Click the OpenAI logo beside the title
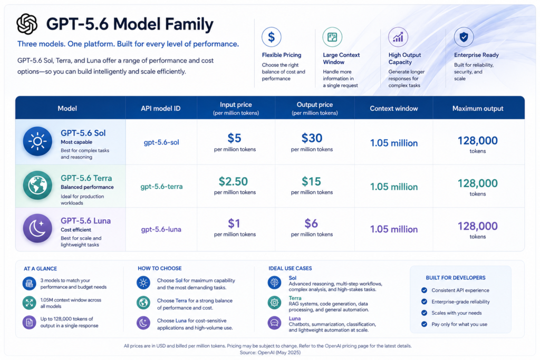pyautogui.click(x=27, y=24)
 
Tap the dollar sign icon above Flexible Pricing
pyautogui.click(x=272, y=37)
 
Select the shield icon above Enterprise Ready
pyautogui.click(x=464, y=37)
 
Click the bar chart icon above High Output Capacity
pyautogui.click(x=398, y=37)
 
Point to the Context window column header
pyautogui.click(x=393, y=109)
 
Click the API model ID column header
pyautogui.click(x=160, y=109)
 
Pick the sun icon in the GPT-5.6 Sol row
pyautogui.click(x=37, y=141)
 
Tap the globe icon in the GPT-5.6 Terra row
pyautogui.click(x=37, y=185)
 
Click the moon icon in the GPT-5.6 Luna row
pyautogui.click(x=37, y=228)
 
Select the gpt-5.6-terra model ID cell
pyautogui.click(x=161, y=187)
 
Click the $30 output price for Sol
pyautogui.click(x=312, y=138)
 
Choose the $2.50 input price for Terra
pyautogui.click(x=234, y=181)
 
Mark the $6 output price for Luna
pyautogui.click(x=311, y=223)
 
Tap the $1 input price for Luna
pyautogui.click(x=234, y=223)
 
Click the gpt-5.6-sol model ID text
pyautogui.click(x=161, y=142)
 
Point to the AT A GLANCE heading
pyautogui.click(x=40, y=268)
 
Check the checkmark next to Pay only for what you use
pyautogui.click(x=424, y=324)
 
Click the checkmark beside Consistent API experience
pyautogui.click(x=424, y=290)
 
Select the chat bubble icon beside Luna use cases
pyautogui.click(x=274, y=323)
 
